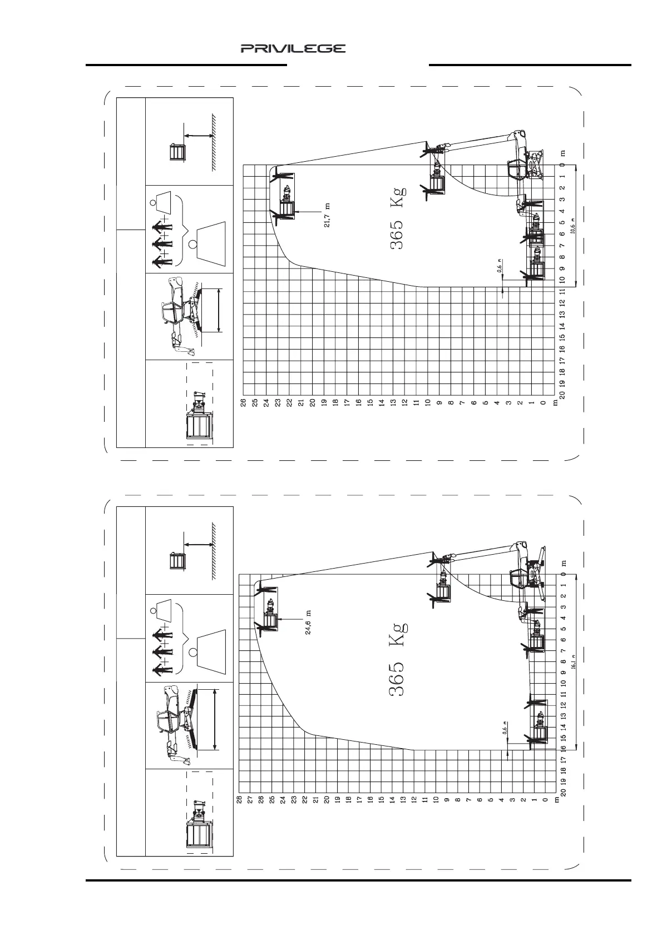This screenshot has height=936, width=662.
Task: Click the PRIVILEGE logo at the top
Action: [293, 48]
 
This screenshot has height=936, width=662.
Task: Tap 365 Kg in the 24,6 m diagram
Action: [398, 658]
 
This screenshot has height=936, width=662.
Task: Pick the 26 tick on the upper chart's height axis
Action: [243, 402]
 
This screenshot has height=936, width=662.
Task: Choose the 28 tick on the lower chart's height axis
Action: [239, 800]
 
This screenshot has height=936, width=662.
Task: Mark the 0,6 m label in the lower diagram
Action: [505, 732]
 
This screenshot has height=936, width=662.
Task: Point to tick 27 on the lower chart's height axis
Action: [250, 800]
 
